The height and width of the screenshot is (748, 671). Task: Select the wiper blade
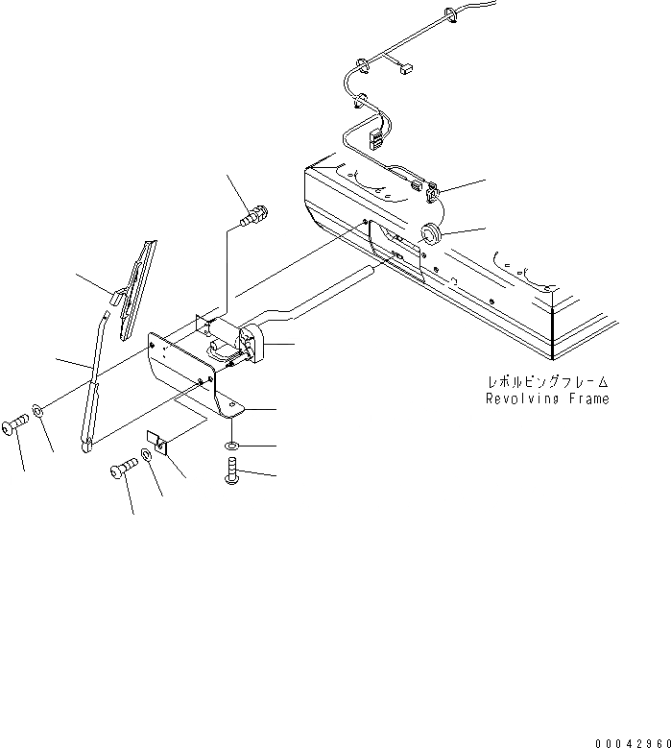[134, 287]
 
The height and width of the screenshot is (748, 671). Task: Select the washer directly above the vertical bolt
[233, 447]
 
